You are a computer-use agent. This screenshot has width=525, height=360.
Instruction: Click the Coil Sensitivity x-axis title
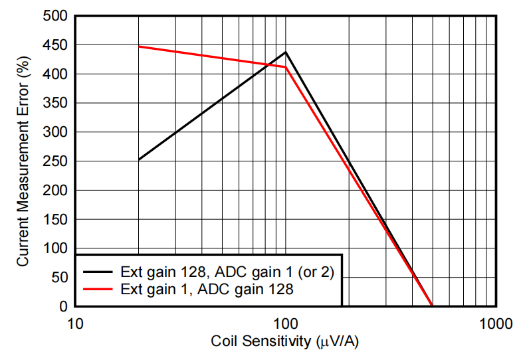[286, 342]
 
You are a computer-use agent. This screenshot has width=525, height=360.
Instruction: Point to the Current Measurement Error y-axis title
[23, 161]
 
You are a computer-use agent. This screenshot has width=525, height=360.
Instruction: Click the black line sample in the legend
[98, 272]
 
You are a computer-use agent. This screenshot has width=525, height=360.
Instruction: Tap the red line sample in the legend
[98, 290]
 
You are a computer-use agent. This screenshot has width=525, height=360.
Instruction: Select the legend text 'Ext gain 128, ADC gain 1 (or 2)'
[227, 272]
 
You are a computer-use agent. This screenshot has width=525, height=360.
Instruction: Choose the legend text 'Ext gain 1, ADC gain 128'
[207, 290]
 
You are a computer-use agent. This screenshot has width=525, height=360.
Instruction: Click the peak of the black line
[286, 52]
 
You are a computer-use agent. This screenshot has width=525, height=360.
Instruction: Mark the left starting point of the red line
[138, 46]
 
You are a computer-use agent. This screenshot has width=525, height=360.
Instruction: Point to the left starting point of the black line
[138, 160]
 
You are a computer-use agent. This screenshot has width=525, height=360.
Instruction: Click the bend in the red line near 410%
[286, 67]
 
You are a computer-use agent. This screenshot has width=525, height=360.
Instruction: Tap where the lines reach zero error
[432, 306]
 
